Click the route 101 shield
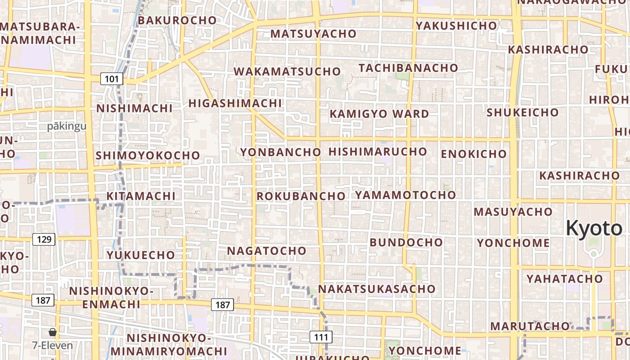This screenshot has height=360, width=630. pos(111,80)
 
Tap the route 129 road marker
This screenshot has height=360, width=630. pos(44,239)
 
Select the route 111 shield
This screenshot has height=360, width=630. pos(321,337)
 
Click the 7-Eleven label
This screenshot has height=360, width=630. pos(52,346)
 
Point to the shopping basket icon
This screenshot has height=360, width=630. pos(53,333)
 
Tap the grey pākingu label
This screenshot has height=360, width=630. pos(67,126)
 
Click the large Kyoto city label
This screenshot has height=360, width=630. pos(594,228)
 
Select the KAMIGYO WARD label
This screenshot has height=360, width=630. pos(379,114)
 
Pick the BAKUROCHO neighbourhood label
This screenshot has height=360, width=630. pos(177,20)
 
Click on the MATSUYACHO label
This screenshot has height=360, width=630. pos(313,34)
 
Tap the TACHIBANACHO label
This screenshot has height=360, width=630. pos(408,68)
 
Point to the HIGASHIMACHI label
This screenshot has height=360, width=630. pos(235,103)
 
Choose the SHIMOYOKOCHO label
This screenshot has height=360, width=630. pos(148,155)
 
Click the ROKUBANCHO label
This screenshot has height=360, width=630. pos(301,196)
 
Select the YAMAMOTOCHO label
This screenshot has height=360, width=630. pos(405,195)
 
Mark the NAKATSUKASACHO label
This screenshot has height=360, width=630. pos(377,288)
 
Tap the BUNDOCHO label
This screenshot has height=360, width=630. pos(406,242)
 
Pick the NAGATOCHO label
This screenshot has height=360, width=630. pos(266,251)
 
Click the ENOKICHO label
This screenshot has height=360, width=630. pos(473,154)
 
